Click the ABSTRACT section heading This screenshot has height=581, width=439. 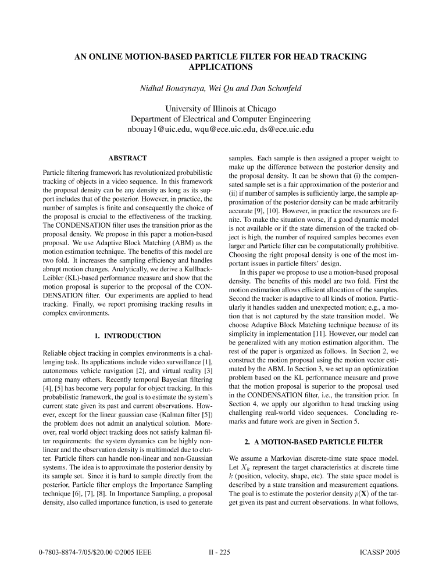[128, 157]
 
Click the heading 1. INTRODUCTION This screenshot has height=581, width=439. [127, 336]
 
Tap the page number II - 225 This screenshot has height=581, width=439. [220, 553]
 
